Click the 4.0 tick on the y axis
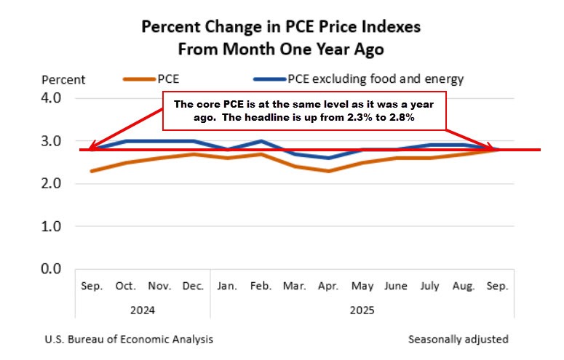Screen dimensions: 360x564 coord(56,98)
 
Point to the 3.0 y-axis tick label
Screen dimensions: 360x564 coord(56,141)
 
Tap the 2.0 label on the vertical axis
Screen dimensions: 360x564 coord(56,183)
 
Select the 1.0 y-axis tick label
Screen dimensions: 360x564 coord(56,226)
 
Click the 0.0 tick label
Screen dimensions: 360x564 coord(56,269)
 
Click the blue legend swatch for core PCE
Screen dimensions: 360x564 coord(269,79)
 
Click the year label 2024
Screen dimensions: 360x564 coord(142,310)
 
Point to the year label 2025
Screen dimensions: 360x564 coord(362,310)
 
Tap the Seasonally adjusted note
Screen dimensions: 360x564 coord(458,339)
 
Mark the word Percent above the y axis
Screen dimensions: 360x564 coord(63,79)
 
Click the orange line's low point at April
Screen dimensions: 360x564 coord(328,171)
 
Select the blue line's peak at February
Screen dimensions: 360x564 coord(261,141)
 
